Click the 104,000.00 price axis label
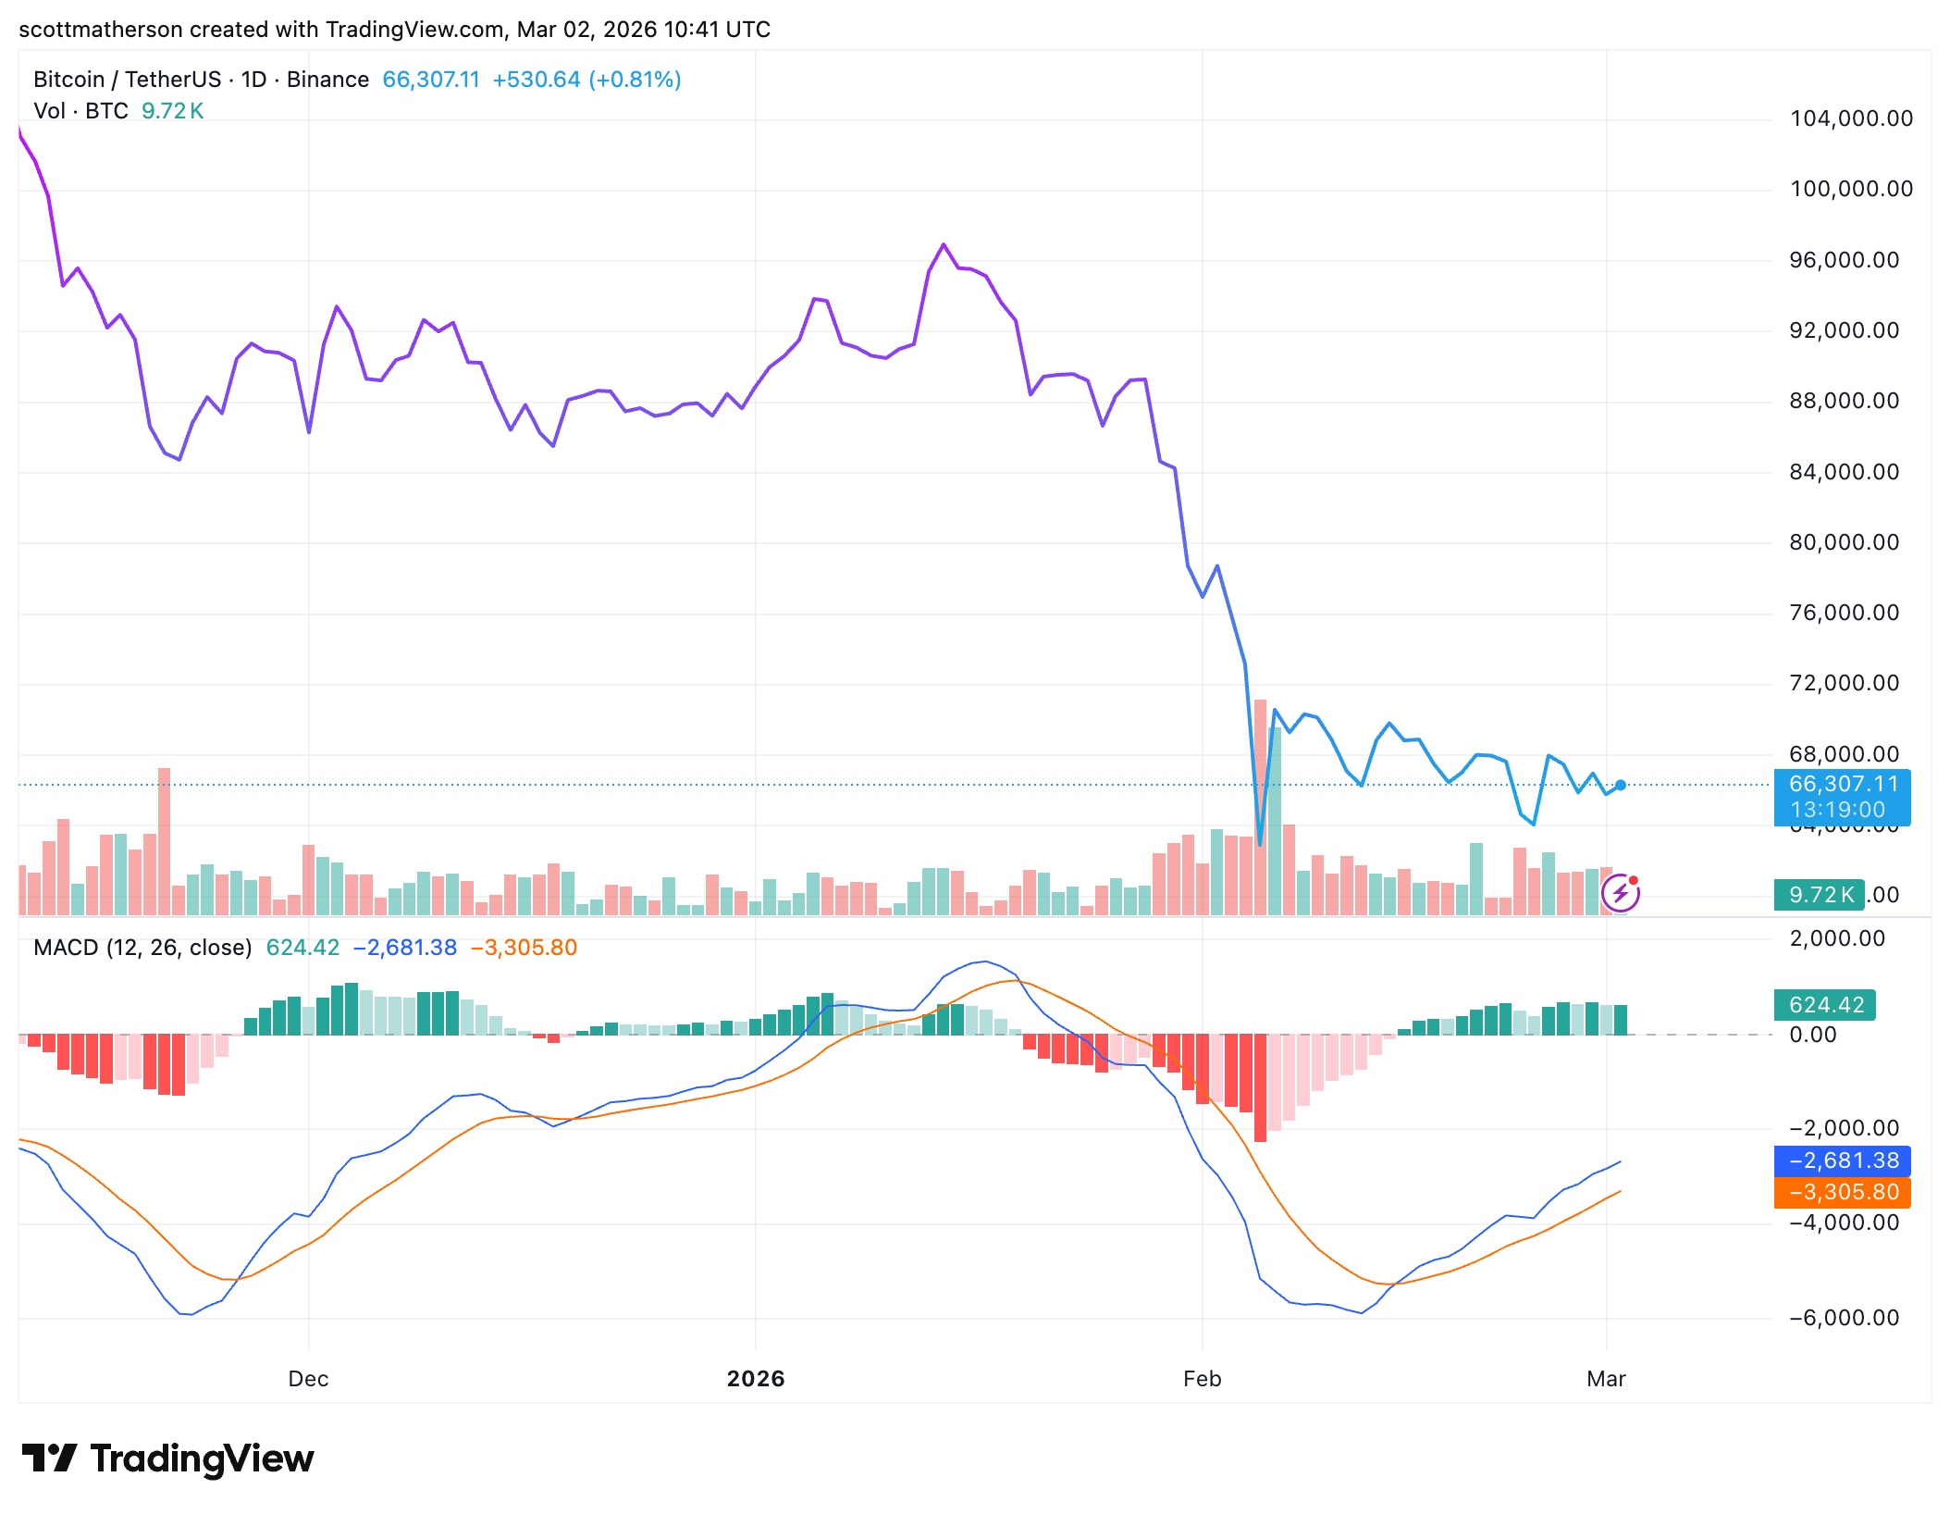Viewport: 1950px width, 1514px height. pos(1851,118)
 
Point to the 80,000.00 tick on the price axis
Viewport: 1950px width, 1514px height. pos(1844,542)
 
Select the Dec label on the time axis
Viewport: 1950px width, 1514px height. pos(308,1379)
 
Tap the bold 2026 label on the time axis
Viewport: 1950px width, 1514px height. pos(755,1379)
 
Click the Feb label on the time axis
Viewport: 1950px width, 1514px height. pos(1202,1379)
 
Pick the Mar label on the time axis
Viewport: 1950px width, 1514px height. pos(1606,1379)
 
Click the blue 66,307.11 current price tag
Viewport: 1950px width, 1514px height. pos(1842,796)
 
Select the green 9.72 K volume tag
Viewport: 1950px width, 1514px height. pos(1819,895)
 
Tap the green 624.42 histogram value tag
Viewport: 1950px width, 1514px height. pos(1824,1005)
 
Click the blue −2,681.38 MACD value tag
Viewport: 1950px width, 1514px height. pos(1842,1160)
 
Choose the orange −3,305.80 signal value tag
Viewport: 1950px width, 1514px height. pos(1842,1192)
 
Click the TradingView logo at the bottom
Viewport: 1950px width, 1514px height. pos(167,1458)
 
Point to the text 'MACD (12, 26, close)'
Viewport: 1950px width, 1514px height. pos(142,948)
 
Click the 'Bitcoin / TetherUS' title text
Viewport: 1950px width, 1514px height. pos(127,80)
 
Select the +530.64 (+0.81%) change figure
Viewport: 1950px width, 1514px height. pos(586,80)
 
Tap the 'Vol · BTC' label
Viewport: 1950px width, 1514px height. pos(80,111)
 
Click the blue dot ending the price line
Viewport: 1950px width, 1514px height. pos(1620,786)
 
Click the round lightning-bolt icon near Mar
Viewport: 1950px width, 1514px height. pos(1621,893)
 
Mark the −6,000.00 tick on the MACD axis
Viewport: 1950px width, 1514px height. pos(1844,1318)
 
